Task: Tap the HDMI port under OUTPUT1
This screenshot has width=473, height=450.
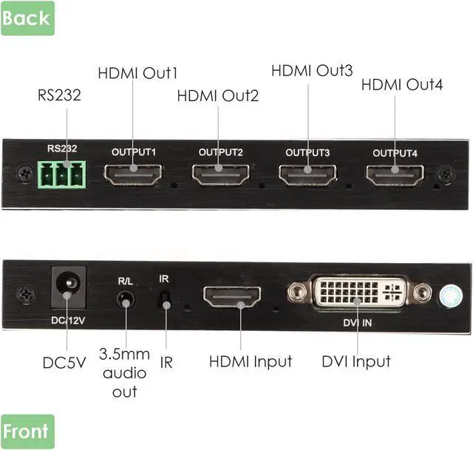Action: (133, 174)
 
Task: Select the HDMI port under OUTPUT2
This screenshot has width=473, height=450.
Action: (220, 175)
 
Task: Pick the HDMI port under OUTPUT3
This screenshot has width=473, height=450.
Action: (307, 174)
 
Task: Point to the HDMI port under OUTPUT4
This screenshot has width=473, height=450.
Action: (394, 175)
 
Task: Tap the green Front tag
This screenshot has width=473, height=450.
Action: (27, 432)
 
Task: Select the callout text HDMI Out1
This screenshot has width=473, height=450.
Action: (137, 73)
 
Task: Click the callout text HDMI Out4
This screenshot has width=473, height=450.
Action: (401, 84)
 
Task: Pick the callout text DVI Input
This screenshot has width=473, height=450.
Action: (356, 361)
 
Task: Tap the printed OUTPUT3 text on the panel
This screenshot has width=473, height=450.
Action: (307, 153)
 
